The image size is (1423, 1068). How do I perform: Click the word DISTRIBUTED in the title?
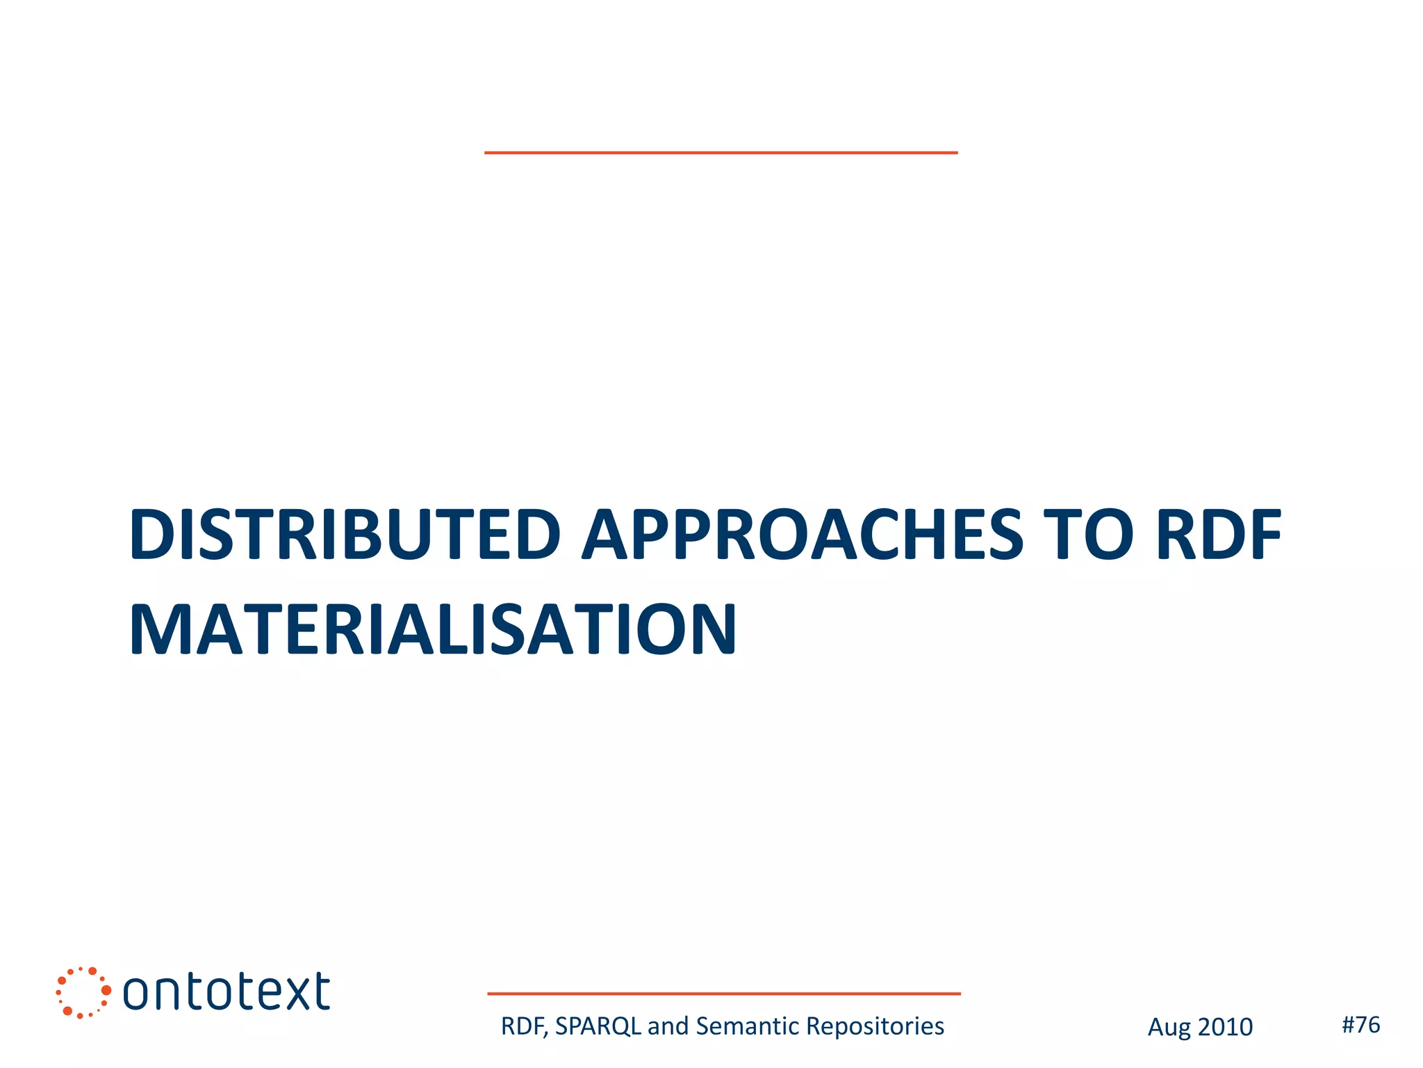344,535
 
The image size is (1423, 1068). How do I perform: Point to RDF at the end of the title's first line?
1219,535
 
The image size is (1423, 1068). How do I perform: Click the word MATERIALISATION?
432,630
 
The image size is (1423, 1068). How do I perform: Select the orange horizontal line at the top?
721,152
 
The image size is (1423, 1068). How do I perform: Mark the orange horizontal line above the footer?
723,994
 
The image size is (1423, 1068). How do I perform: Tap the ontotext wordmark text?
227,992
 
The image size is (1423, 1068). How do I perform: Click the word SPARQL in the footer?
598,1026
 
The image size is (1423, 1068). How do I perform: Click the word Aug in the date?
1167,1028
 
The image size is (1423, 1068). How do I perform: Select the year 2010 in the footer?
1225,1027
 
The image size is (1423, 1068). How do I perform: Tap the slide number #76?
1360,1024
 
